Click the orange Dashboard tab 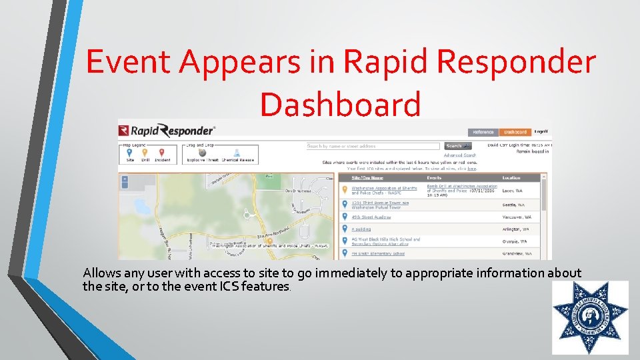click(515, 132)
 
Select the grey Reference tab click(483, 132)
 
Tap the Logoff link click(541, 132)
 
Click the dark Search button click(454, 145)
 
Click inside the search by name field click(372, 146)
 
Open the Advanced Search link click(460, 155)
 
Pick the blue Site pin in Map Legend click(129, 152)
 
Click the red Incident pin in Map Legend click(162, 152)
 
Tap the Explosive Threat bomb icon click(203, 153)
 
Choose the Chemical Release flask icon click(236, 153)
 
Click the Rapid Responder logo click(167, 131)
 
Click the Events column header click(434, 178)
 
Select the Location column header click(512, 178)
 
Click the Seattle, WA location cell click(513, 205)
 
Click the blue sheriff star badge click(590, 317)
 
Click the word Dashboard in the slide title click(340, 104)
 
